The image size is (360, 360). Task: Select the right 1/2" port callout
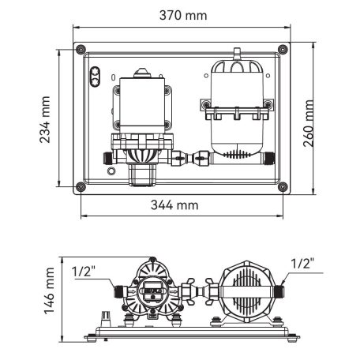302,263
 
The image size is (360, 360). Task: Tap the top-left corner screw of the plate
79,51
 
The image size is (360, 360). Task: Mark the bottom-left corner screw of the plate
79,187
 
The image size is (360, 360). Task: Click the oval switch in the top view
96,77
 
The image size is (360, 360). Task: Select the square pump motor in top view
143,103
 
